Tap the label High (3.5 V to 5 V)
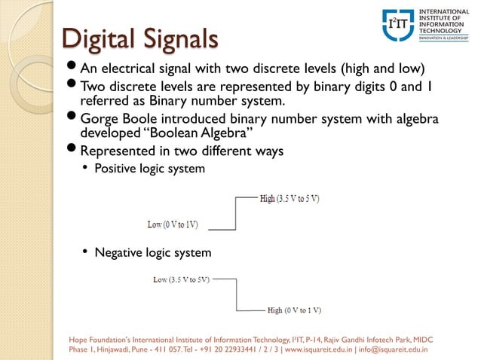point(290,199)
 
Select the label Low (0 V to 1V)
point(173,224)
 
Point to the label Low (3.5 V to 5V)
point(181,279)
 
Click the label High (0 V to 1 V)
point(295,310)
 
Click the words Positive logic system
point(149,169)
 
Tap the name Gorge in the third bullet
point(100,119)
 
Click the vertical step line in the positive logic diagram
point(236,212)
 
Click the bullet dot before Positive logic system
point(84,168)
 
